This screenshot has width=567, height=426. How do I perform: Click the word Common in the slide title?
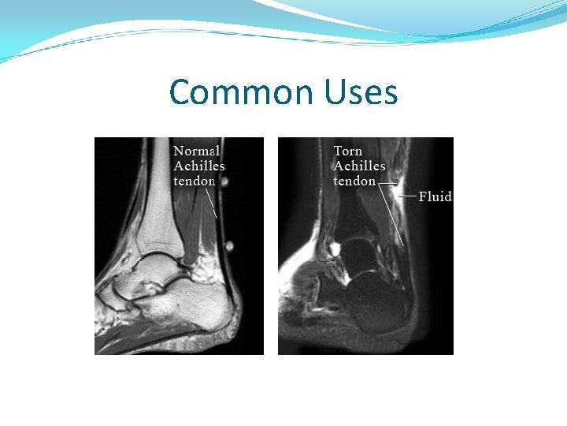coord(241,92)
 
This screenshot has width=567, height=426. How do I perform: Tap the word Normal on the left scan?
coord(197,151)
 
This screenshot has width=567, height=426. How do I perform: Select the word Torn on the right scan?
coord(348,151)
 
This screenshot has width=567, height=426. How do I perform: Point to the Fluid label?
coord(435,196)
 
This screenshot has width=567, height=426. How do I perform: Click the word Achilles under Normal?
coord(199,166)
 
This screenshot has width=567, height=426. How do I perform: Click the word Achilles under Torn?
coord(359,166)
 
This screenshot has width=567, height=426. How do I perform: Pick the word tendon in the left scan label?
coord(195,181)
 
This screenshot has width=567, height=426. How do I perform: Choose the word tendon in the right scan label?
coord(354,181)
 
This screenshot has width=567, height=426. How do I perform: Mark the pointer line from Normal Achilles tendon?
coord(211,204)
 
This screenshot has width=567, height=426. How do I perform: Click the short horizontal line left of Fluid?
coord(407,196)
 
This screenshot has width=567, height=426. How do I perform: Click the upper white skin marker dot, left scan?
coord(224,182)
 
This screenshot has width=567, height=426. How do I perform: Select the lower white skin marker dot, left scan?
coord(229,245)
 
